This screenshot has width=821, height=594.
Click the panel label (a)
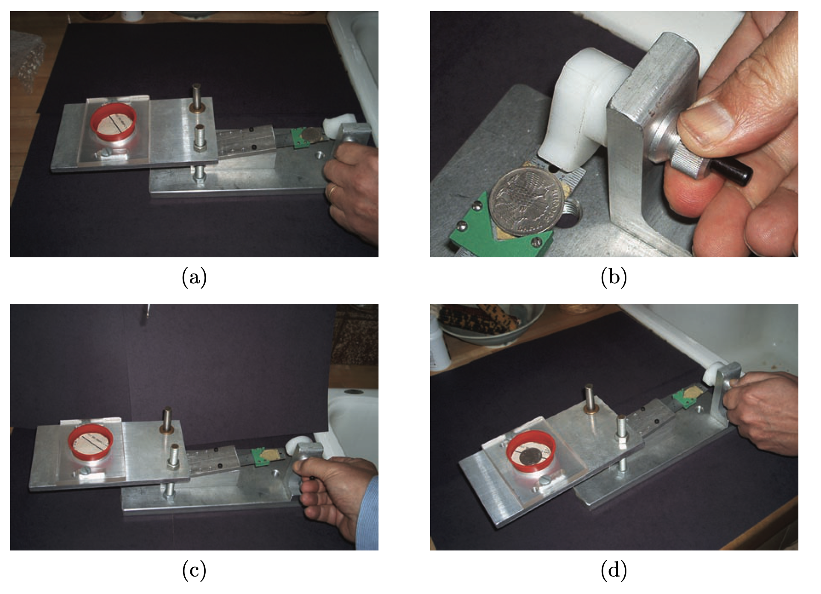point(194,277)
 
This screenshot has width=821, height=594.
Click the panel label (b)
point(614,277)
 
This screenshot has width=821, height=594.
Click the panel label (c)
point(194,571)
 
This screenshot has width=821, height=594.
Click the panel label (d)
point(614,571)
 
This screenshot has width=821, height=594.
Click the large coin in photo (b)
point(528,200)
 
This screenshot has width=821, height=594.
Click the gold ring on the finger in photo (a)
point(332,190)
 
